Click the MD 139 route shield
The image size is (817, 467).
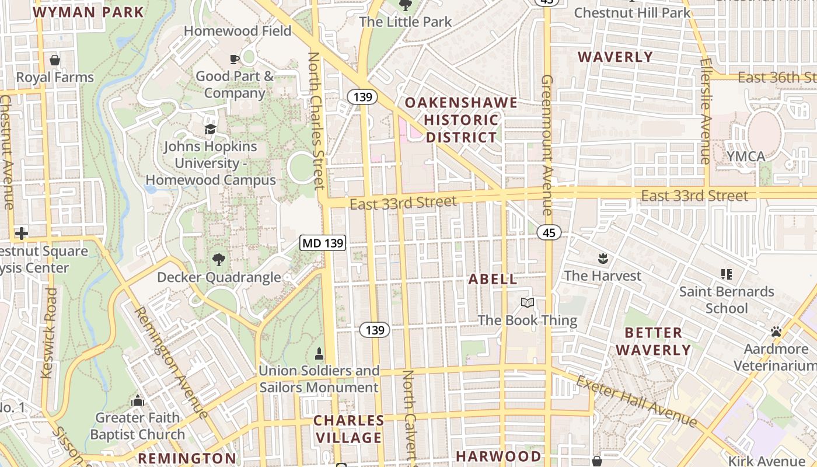323,242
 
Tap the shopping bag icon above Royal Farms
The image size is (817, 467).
55,60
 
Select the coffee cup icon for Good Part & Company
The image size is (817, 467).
234,59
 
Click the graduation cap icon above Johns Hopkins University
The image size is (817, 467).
210,129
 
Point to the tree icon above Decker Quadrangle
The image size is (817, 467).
219,260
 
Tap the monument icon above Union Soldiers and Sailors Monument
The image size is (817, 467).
319,353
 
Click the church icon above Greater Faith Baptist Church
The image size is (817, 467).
138,400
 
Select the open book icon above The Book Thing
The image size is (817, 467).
528,302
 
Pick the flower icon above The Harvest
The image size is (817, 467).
602,258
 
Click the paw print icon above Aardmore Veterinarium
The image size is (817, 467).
776,332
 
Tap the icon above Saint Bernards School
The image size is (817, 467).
727,274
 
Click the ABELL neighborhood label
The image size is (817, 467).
493,279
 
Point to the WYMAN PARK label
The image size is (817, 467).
89,12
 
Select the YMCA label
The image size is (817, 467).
745,156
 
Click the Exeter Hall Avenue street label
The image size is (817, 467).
636,401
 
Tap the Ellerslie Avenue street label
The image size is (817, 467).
706,111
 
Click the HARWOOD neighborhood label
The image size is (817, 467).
498,456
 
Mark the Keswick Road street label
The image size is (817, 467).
50,333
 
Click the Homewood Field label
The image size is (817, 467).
238,31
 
